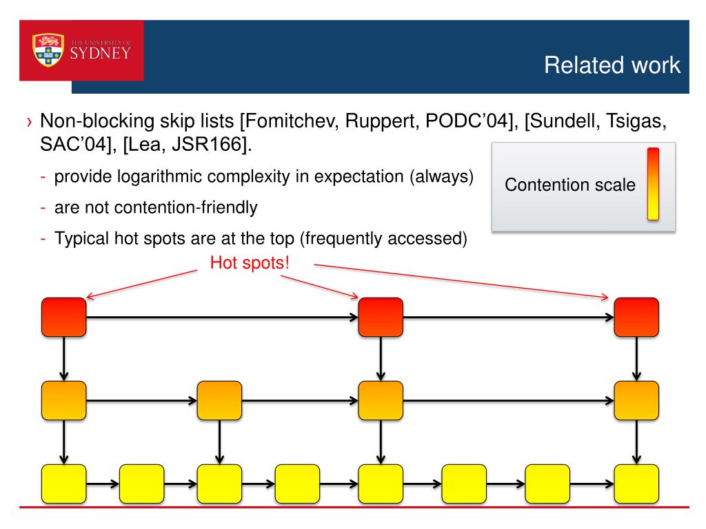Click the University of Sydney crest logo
click(48, 50)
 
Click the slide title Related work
click(612, 65)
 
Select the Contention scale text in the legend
click(570, 185)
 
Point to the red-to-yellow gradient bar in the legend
click(652, 184)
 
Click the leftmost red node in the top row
click(64, 317)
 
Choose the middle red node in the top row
click(381, 317)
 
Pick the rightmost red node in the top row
click(636, 317)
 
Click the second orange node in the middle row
click(220, 400)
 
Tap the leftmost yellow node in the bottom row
click(64, 484)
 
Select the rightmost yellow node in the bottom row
click(636, 484)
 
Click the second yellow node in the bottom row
click(142, 484)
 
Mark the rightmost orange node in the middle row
click(636, 400)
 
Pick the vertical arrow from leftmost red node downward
click(64, 359)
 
